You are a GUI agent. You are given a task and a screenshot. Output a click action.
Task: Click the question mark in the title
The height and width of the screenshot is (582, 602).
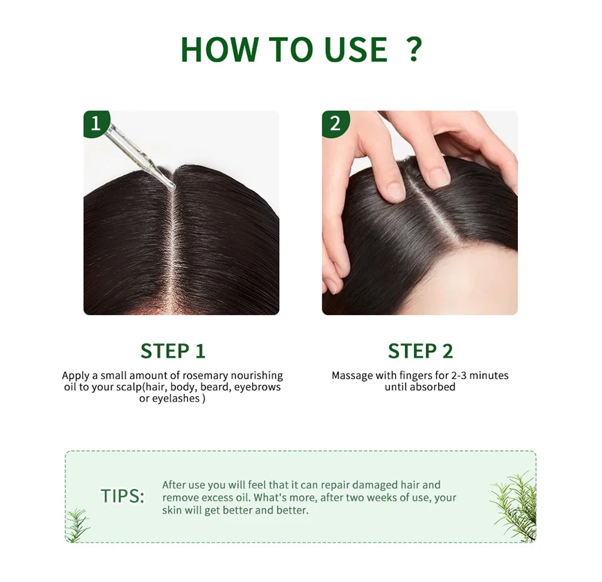[414, 49]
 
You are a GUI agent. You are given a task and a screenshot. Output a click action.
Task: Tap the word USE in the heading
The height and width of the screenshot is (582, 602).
[356, 49]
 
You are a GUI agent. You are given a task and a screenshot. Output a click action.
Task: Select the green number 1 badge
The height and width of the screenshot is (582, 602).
[96, 124]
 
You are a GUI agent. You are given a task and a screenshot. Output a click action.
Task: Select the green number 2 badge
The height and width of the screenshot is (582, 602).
[335, 124]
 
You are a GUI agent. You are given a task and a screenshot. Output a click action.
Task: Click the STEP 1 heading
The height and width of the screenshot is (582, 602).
[173, 351]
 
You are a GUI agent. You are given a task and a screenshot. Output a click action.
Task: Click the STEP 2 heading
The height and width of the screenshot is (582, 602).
[420, 351]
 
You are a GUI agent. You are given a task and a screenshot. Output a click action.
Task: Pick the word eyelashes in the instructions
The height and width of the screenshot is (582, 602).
[176, 399]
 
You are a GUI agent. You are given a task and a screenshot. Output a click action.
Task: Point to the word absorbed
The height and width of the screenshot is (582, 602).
[433, 387]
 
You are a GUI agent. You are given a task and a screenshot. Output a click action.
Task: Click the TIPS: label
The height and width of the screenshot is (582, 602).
[122, 496]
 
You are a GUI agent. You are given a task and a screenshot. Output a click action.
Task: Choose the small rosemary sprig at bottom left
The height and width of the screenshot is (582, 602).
[78, 525]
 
